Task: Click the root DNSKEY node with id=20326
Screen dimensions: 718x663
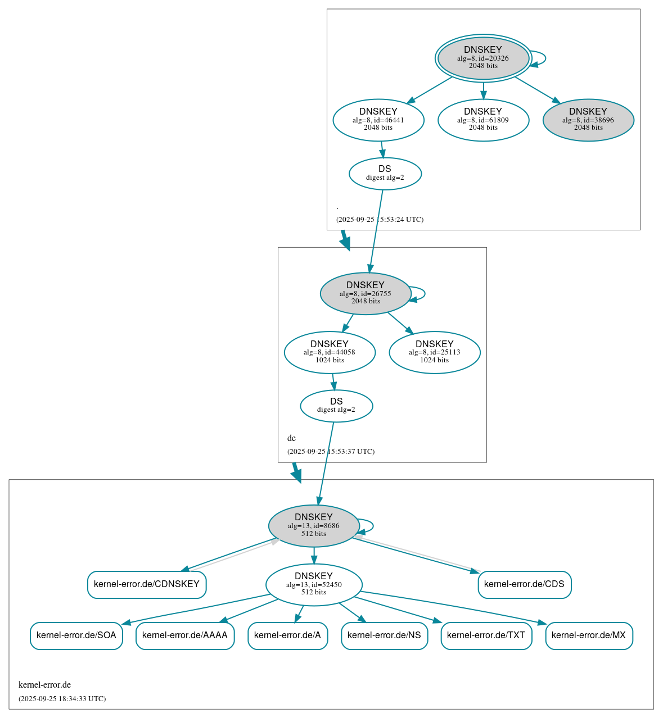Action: click(483, 58)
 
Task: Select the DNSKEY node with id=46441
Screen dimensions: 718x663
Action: click(378, 120)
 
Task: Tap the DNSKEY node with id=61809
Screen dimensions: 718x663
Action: click(483, 120)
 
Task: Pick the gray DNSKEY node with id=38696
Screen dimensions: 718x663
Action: click(588, 120)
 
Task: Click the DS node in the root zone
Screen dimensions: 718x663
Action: click(385, 174)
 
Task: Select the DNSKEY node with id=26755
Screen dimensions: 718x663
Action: click(366, 293)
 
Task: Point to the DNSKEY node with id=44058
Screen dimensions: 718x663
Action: click(330, 352)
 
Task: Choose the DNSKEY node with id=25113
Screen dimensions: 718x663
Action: click(435, 352)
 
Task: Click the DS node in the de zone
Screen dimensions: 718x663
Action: click(336, 406)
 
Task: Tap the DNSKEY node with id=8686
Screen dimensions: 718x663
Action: click(314, 526)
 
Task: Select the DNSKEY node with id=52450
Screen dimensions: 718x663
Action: click(314, 585)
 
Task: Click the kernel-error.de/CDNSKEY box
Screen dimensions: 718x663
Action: click(147, 584)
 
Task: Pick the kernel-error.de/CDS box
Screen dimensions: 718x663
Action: click(524, 584)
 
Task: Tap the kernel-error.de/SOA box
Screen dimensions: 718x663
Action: click(76, 635)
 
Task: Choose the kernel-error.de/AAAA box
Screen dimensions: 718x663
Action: click(185, 635)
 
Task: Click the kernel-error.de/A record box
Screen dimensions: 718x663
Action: click(287, 635)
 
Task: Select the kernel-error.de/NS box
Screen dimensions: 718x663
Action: click(384, 635)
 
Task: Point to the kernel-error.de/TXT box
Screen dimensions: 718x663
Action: click(486, 635)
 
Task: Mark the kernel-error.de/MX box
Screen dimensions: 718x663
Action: click(589, 635)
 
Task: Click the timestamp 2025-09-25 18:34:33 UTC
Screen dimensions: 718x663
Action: click(62, 699)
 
